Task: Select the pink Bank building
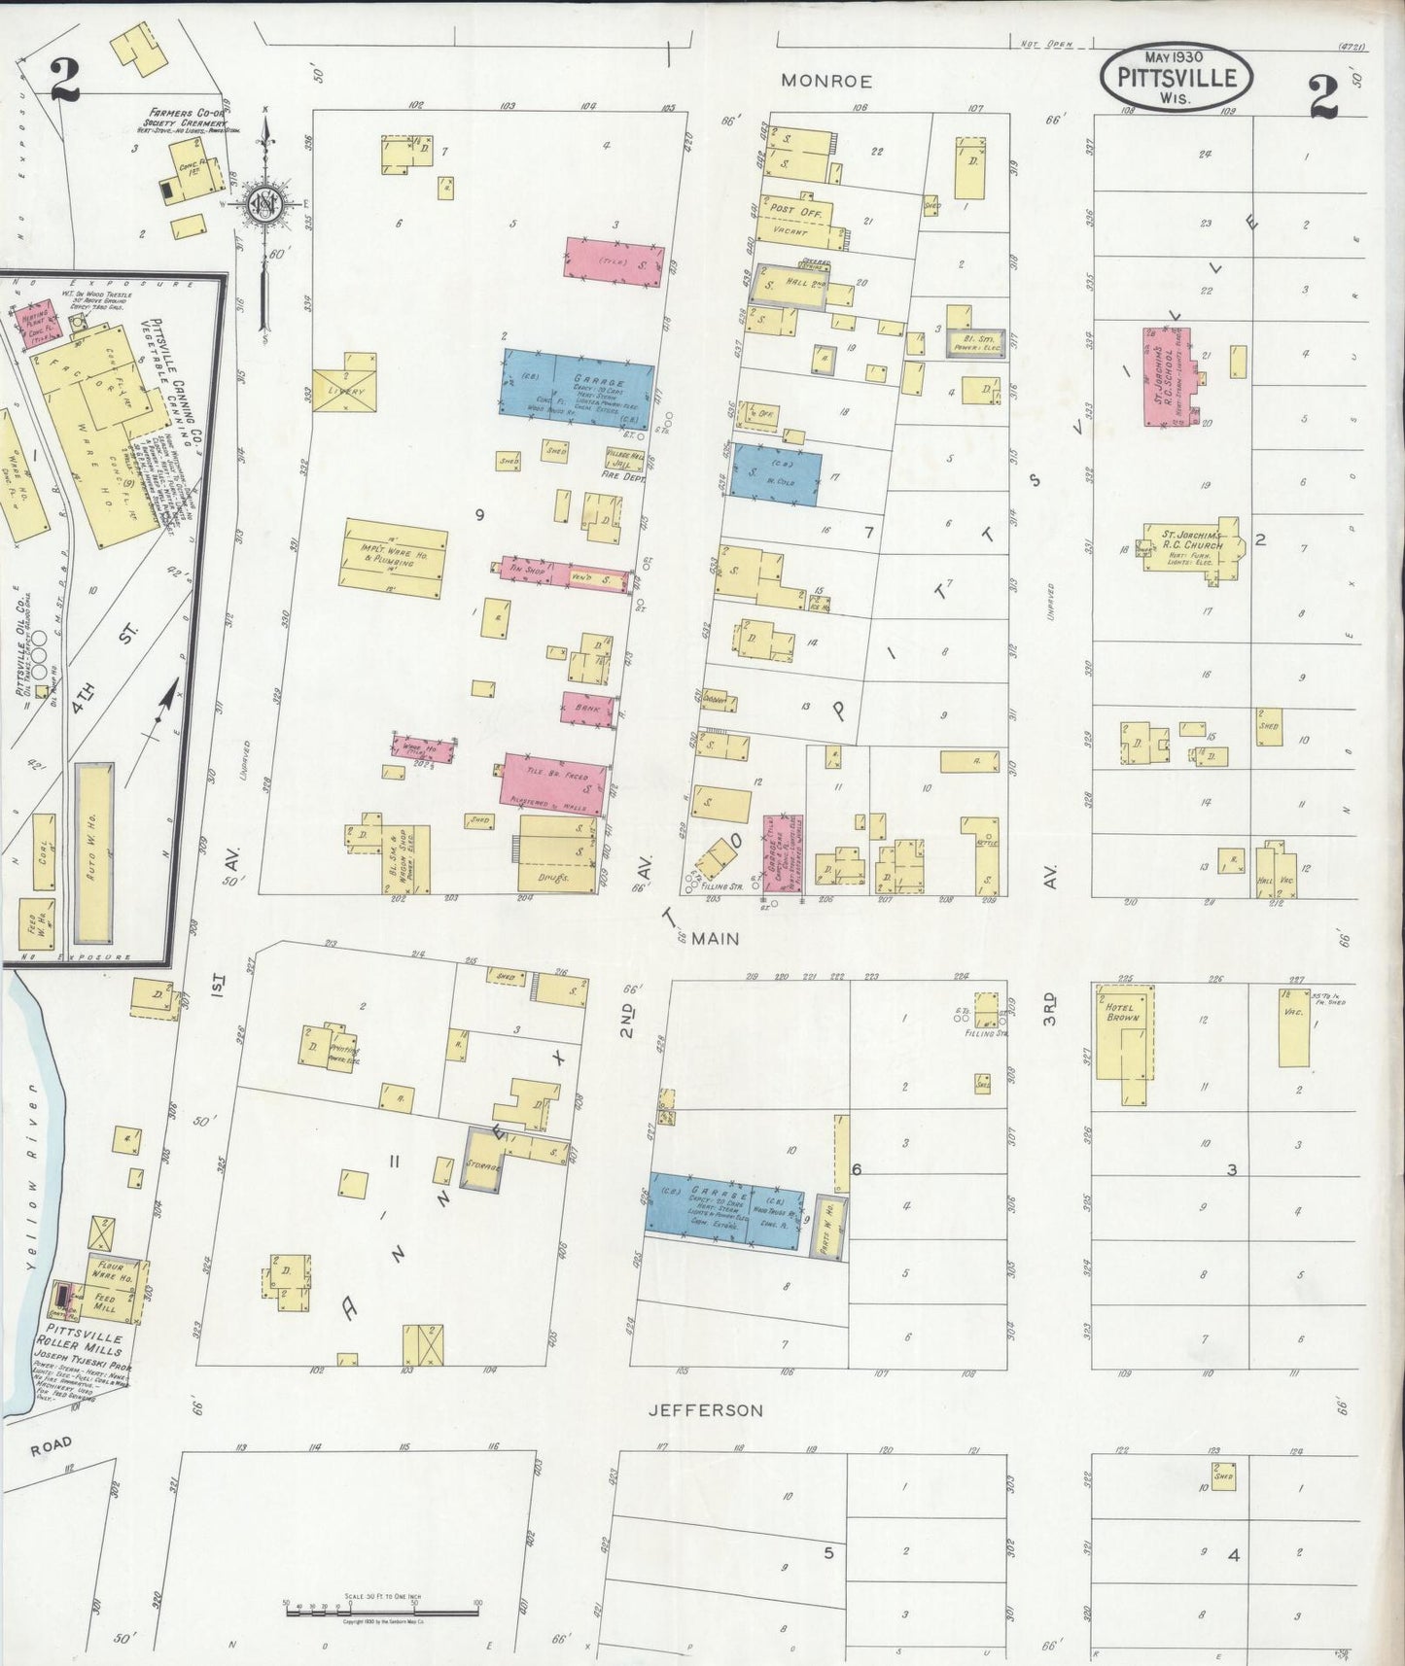(x=587, y=708)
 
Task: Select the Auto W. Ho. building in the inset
(x=93, y=851)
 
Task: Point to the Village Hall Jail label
(x=624, y=459)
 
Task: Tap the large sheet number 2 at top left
(x=64, y=81)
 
